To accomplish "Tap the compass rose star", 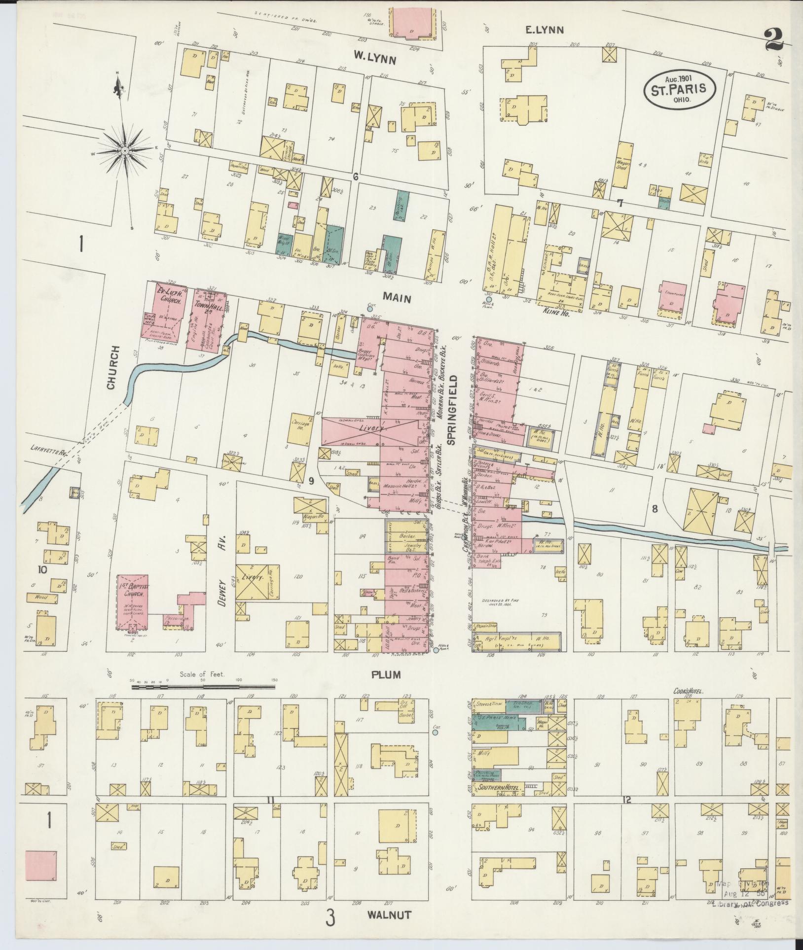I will pyautogui.click(x=125, y=149).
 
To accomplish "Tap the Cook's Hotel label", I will pyautogui.click(x=689, y=692).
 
